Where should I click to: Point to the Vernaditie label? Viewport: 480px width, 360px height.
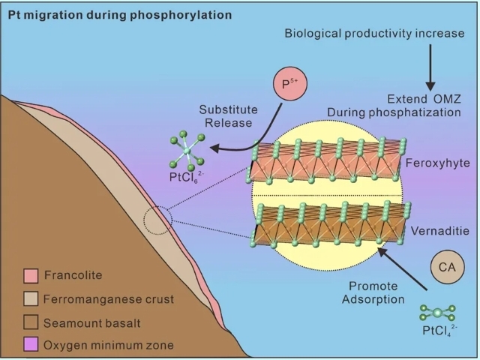(440, 232)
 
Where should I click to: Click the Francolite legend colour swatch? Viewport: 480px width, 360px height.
(30, 275)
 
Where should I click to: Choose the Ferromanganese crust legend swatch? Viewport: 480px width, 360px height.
(30, 298)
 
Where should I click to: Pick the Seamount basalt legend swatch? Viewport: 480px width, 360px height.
(30, 322)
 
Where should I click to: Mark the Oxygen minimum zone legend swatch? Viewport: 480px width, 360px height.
(30, 344)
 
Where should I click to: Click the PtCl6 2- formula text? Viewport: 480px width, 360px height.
(183, 178)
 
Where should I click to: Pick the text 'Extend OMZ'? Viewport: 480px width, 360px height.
(423, 99)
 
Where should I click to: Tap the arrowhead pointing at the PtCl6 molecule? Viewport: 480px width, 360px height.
(216, 147)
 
